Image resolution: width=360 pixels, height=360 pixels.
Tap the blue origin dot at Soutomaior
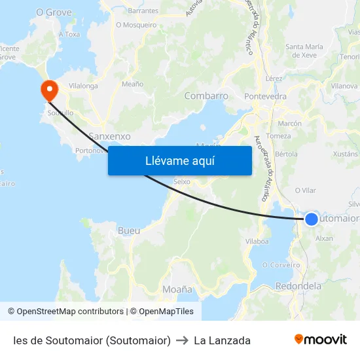(312, 219)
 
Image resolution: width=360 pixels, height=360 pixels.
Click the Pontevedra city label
(265, 96)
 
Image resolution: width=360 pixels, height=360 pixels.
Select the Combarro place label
(206, 96)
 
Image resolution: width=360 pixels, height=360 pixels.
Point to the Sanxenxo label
(109, 136)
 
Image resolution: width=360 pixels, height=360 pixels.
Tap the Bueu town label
(128, 230)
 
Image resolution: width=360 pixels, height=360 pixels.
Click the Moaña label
(177, 289)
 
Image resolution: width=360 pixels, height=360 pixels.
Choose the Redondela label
(298, 286)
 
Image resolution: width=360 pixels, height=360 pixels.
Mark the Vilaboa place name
(257, 241)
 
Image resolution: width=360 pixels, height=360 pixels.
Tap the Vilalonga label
(83, 86)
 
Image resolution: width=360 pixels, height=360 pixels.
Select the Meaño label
(132, 84)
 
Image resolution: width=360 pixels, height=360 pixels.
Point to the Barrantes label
(143, 10)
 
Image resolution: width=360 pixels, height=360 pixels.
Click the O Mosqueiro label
(136, 25)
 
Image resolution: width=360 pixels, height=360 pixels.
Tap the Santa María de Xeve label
(305, 50)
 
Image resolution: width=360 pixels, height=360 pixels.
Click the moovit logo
(321, 340)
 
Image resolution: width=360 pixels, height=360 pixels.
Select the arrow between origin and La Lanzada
(183, 340)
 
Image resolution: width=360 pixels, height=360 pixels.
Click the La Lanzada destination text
(223, 340)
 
